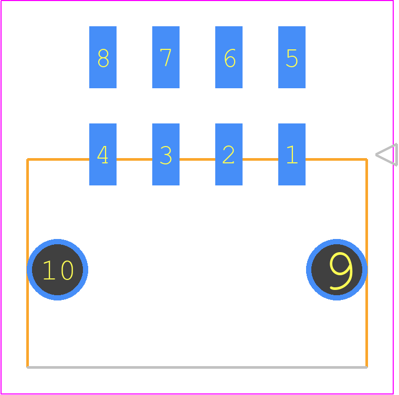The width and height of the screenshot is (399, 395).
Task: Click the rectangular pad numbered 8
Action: coord(103,57)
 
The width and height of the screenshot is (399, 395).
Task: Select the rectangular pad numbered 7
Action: coord(166,57)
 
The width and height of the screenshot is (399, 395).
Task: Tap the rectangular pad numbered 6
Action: coord(229,57)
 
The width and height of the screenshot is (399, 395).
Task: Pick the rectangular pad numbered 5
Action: coord(291,57)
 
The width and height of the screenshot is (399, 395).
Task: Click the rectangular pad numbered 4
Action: coord(103,154)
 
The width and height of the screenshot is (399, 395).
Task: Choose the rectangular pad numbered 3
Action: coord(166,154)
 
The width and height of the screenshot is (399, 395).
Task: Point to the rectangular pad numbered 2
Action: coord(229,154)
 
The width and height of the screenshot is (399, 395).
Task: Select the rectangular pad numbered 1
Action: coord(291,154)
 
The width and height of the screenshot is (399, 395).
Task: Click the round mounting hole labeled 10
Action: coord(58,269)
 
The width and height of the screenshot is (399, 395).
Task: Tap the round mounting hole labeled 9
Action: coord(337,269)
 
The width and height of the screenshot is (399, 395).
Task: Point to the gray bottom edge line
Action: coord(197,367)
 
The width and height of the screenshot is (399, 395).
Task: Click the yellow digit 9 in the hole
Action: coord(341,271)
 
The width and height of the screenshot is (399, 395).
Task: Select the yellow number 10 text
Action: coord(58,270)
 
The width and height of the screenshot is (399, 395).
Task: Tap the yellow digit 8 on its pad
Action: coord(103,58)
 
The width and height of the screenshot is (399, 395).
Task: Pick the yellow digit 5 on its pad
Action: coord(292,58)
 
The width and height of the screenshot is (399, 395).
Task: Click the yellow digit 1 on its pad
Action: coord(292,154)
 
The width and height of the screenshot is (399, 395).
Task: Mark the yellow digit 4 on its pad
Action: coord(102,154)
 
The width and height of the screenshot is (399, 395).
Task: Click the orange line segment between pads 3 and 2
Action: coord(197,160)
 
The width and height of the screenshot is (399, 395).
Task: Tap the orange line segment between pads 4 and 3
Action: coord(134,160)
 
